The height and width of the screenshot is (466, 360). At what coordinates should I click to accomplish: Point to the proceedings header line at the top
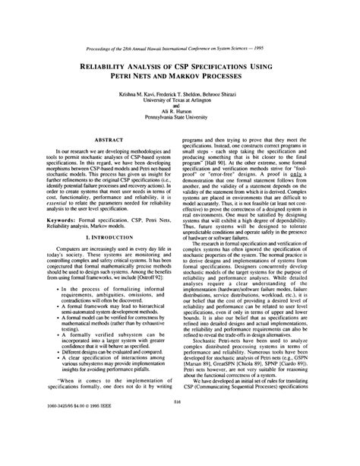180,13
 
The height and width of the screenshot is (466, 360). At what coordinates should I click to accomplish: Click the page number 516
180,423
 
